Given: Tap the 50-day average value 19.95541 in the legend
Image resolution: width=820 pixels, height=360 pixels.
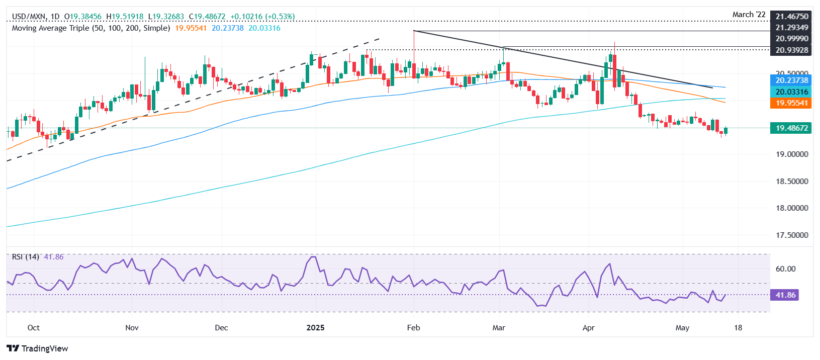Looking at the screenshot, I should click(x=191, y=28).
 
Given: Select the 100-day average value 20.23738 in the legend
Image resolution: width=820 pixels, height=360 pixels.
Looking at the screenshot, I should click(x=227, y=28).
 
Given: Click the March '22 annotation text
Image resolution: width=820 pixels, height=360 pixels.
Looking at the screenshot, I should click(x=749, y=15).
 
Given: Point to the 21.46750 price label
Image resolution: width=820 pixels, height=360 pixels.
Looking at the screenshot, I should click(x=792, y=17).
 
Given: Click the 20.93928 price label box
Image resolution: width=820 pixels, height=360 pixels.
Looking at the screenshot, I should click(x=792, y=50).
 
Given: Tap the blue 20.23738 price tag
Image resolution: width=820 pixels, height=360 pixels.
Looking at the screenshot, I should click(x=792, y=80).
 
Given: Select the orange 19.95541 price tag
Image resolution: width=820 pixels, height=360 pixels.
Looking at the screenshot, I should click(x=792, y=103).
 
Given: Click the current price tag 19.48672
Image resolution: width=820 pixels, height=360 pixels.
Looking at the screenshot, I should click(x=792, y=128).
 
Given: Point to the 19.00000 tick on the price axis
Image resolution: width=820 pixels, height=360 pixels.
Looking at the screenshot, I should click(x=792, y=154).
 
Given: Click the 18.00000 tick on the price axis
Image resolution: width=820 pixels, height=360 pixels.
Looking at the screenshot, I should click(x=792, y=208).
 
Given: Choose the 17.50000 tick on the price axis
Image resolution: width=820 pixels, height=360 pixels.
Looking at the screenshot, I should click(x=792, y=235).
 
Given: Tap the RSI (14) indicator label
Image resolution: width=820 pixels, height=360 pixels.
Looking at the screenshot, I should click(x=26, y=257).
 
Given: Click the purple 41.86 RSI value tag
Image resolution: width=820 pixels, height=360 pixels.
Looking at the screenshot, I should click(x=785, y=295).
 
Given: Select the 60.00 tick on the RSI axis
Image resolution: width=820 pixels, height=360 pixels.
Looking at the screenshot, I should click(x=785, y=269).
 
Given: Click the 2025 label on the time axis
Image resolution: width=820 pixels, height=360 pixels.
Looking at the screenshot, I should click(x=315, y=328).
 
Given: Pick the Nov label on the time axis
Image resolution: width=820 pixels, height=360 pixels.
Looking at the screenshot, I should click(x=132, y=328).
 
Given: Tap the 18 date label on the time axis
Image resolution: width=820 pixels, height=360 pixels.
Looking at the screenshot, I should click(x=738, y=328).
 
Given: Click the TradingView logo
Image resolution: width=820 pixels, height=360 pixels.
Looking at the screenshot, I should click(x=38, y=348).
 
